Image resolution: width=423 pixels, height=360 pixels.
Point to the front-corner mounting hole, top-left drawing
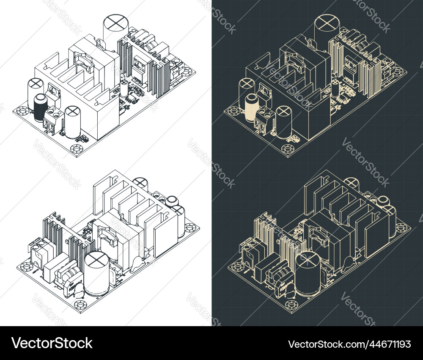[x=77, y=149]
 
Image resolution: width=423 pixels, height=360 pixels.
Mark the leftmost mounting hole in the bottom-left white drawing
[x=26, y=267]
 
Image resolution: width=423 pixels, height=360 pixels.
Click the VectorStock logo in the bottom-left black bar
[x=52, y=343]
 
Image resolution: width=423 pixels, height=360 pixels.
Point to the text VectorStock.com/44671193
[x=349, y=344]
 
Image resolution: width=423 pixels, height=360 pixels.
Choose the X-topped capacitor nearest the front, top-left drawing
[x=73, y=123]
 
